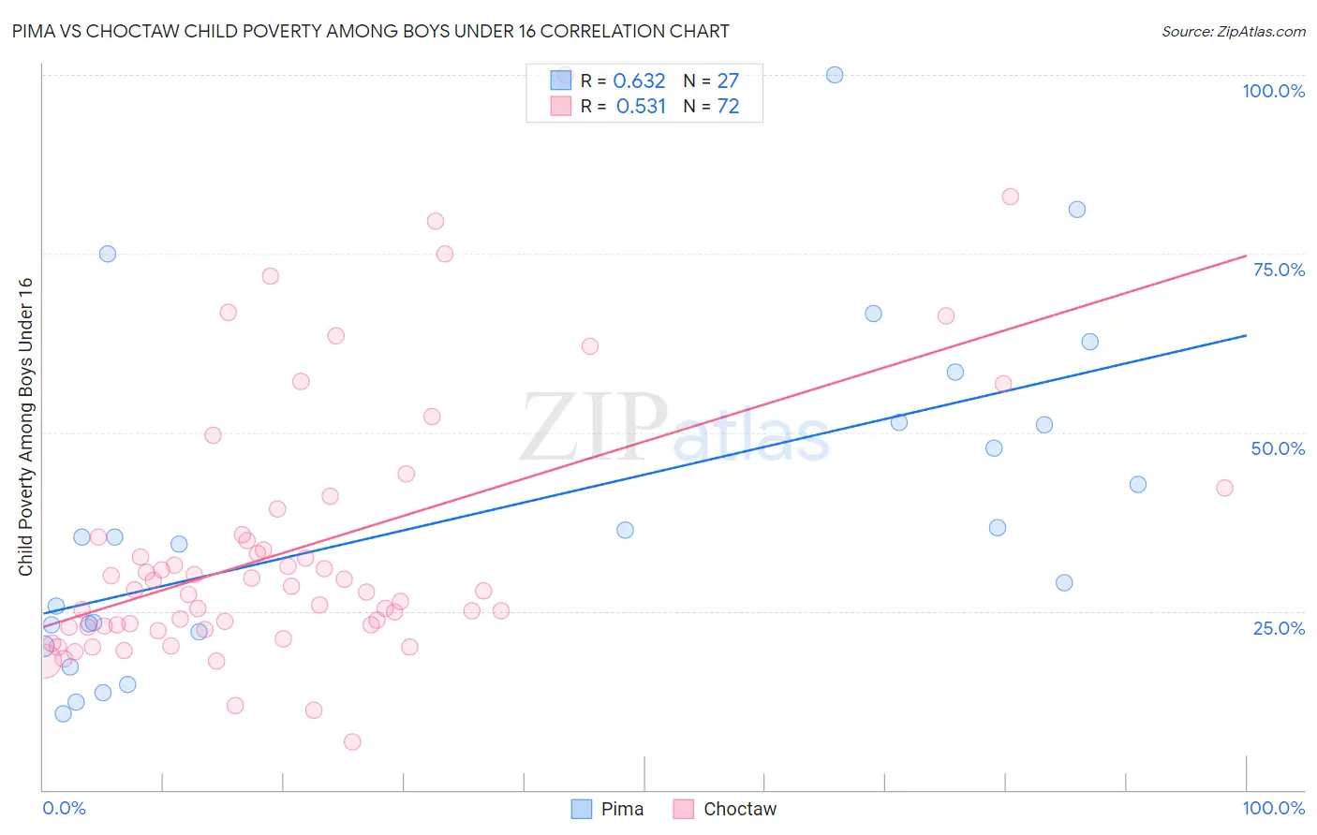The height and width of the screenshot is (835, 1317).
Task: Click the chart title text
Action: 371,31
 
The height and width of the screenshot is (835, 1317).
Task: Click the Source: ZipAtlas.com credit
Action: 1233,32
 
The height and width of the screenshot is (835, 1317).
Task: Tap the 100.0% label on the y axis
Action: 1273,91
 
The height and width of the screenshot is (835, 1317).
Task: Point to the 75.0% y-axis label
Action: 1279,270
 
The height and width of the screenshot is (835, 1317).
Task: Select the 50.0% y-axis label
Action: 1278,448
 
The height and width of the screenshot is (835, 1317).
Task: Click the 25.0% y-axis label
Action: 1279,627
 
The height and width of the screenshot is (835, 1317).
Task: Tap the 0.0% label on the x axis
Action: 64,808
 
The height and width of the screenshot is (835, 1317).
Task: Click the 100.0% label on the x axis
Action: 1273,808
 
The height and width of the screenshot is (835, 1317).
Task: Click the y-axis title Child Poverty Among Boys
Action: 25,427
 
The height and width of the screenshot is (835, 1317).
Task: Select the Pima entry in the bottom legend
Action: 608,809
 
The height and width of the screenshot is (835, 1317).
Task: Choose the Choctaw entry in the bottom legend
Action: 725,809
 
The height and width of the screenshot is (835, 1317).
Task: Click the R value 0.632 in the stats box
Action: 639,81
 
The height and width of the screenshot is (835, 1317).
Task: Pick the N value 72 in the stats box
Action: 728,107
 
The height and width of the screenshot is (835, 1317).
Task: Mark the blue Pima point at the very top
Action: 835,75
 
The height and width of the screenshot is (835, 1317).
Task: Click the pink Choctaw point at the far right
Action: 1224,488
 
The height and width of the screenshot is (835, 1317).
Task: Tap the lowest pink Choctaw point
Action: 352,742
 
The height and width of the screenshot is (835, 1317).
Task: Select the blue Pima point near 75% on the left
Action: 108,254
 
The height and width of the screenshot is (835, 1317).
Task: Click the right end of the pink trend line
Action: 1246,256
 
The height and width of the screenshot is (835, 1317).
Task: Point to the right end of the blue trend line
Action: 1246,335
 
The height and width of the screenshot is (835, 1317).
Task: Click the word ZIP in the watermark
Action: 592,426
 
